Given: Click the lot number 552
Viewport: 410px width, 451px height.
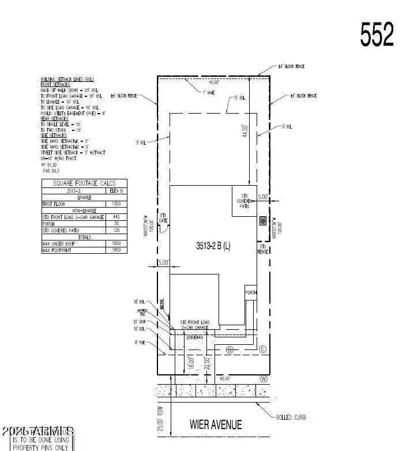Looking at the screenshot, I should (x=377, y=35).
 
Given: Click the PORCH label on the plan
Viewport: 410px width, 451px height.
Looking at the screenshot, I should (x=250, y=292).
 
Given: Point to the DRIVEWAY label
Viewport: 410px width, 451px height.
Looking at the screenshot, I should (x=195, y=336).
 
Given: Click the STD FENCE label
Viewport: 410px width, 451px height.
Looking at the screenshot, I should (x=263, y=249).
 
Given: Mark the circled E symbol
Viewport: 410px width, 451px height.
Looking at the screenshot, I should (x=262, y=349).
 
